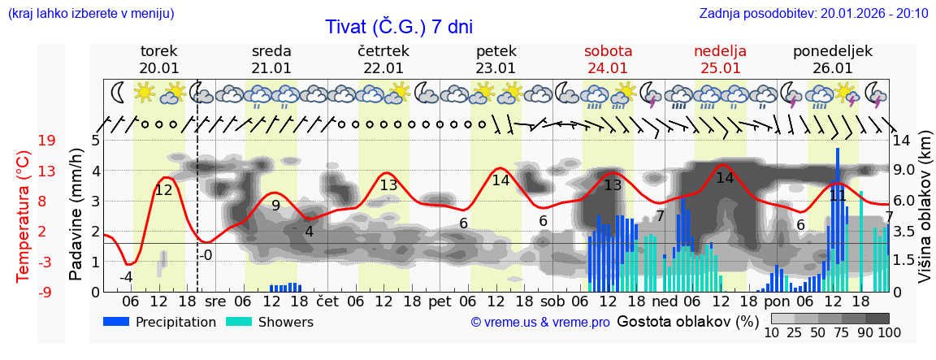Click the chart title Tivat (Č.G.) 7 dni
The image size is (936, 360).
tap(399, 27)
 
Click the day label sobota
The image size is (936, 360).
tap(608, 51)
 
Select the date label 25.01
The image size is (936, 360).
tap(720, 68)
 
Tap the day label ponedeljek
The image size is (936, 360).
tap(832, 51)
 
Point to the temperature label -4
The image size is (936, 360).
tap(126, 277)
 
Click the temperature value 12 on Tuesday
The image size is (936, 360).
tap(163, 190)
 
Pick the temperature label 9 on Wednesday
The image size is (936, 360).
tap(275, 206)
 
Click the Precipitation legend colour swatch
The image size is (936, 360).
tap(116, 322)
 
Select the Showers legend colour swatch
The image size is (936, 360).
tap(238, 322)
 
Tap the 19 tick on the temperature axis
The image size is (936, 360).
tap(46, 141)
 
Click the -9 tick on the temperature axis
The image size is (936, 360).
tap(46, 292)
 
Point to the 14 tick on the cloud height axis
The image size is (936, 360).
tap(903, 141)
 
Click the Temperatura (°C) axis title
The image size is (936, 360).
tap(24, 215)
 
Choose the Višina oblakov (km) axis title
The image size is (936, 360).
tap(925, 215)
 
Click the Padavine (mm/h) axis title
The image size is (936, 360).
tap(76, 215)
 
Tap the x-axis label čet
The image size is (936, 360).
tap(327, 301)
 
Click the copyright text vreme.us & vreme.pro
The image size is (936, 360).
tap(540, 323)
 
